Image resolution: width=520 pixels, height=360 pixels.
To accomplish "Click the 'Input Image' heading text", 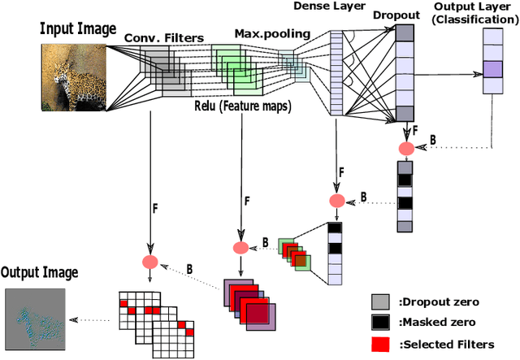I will point(77,29).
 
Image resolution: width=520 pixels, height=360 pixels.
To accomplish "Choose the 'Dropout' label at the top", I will point(396,15).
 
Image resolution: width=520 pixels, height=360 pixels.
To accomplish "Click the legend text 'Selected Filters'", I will point(446,345).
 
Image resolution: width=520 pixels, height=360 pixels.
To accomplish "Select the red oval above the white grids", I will point(149,262).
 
